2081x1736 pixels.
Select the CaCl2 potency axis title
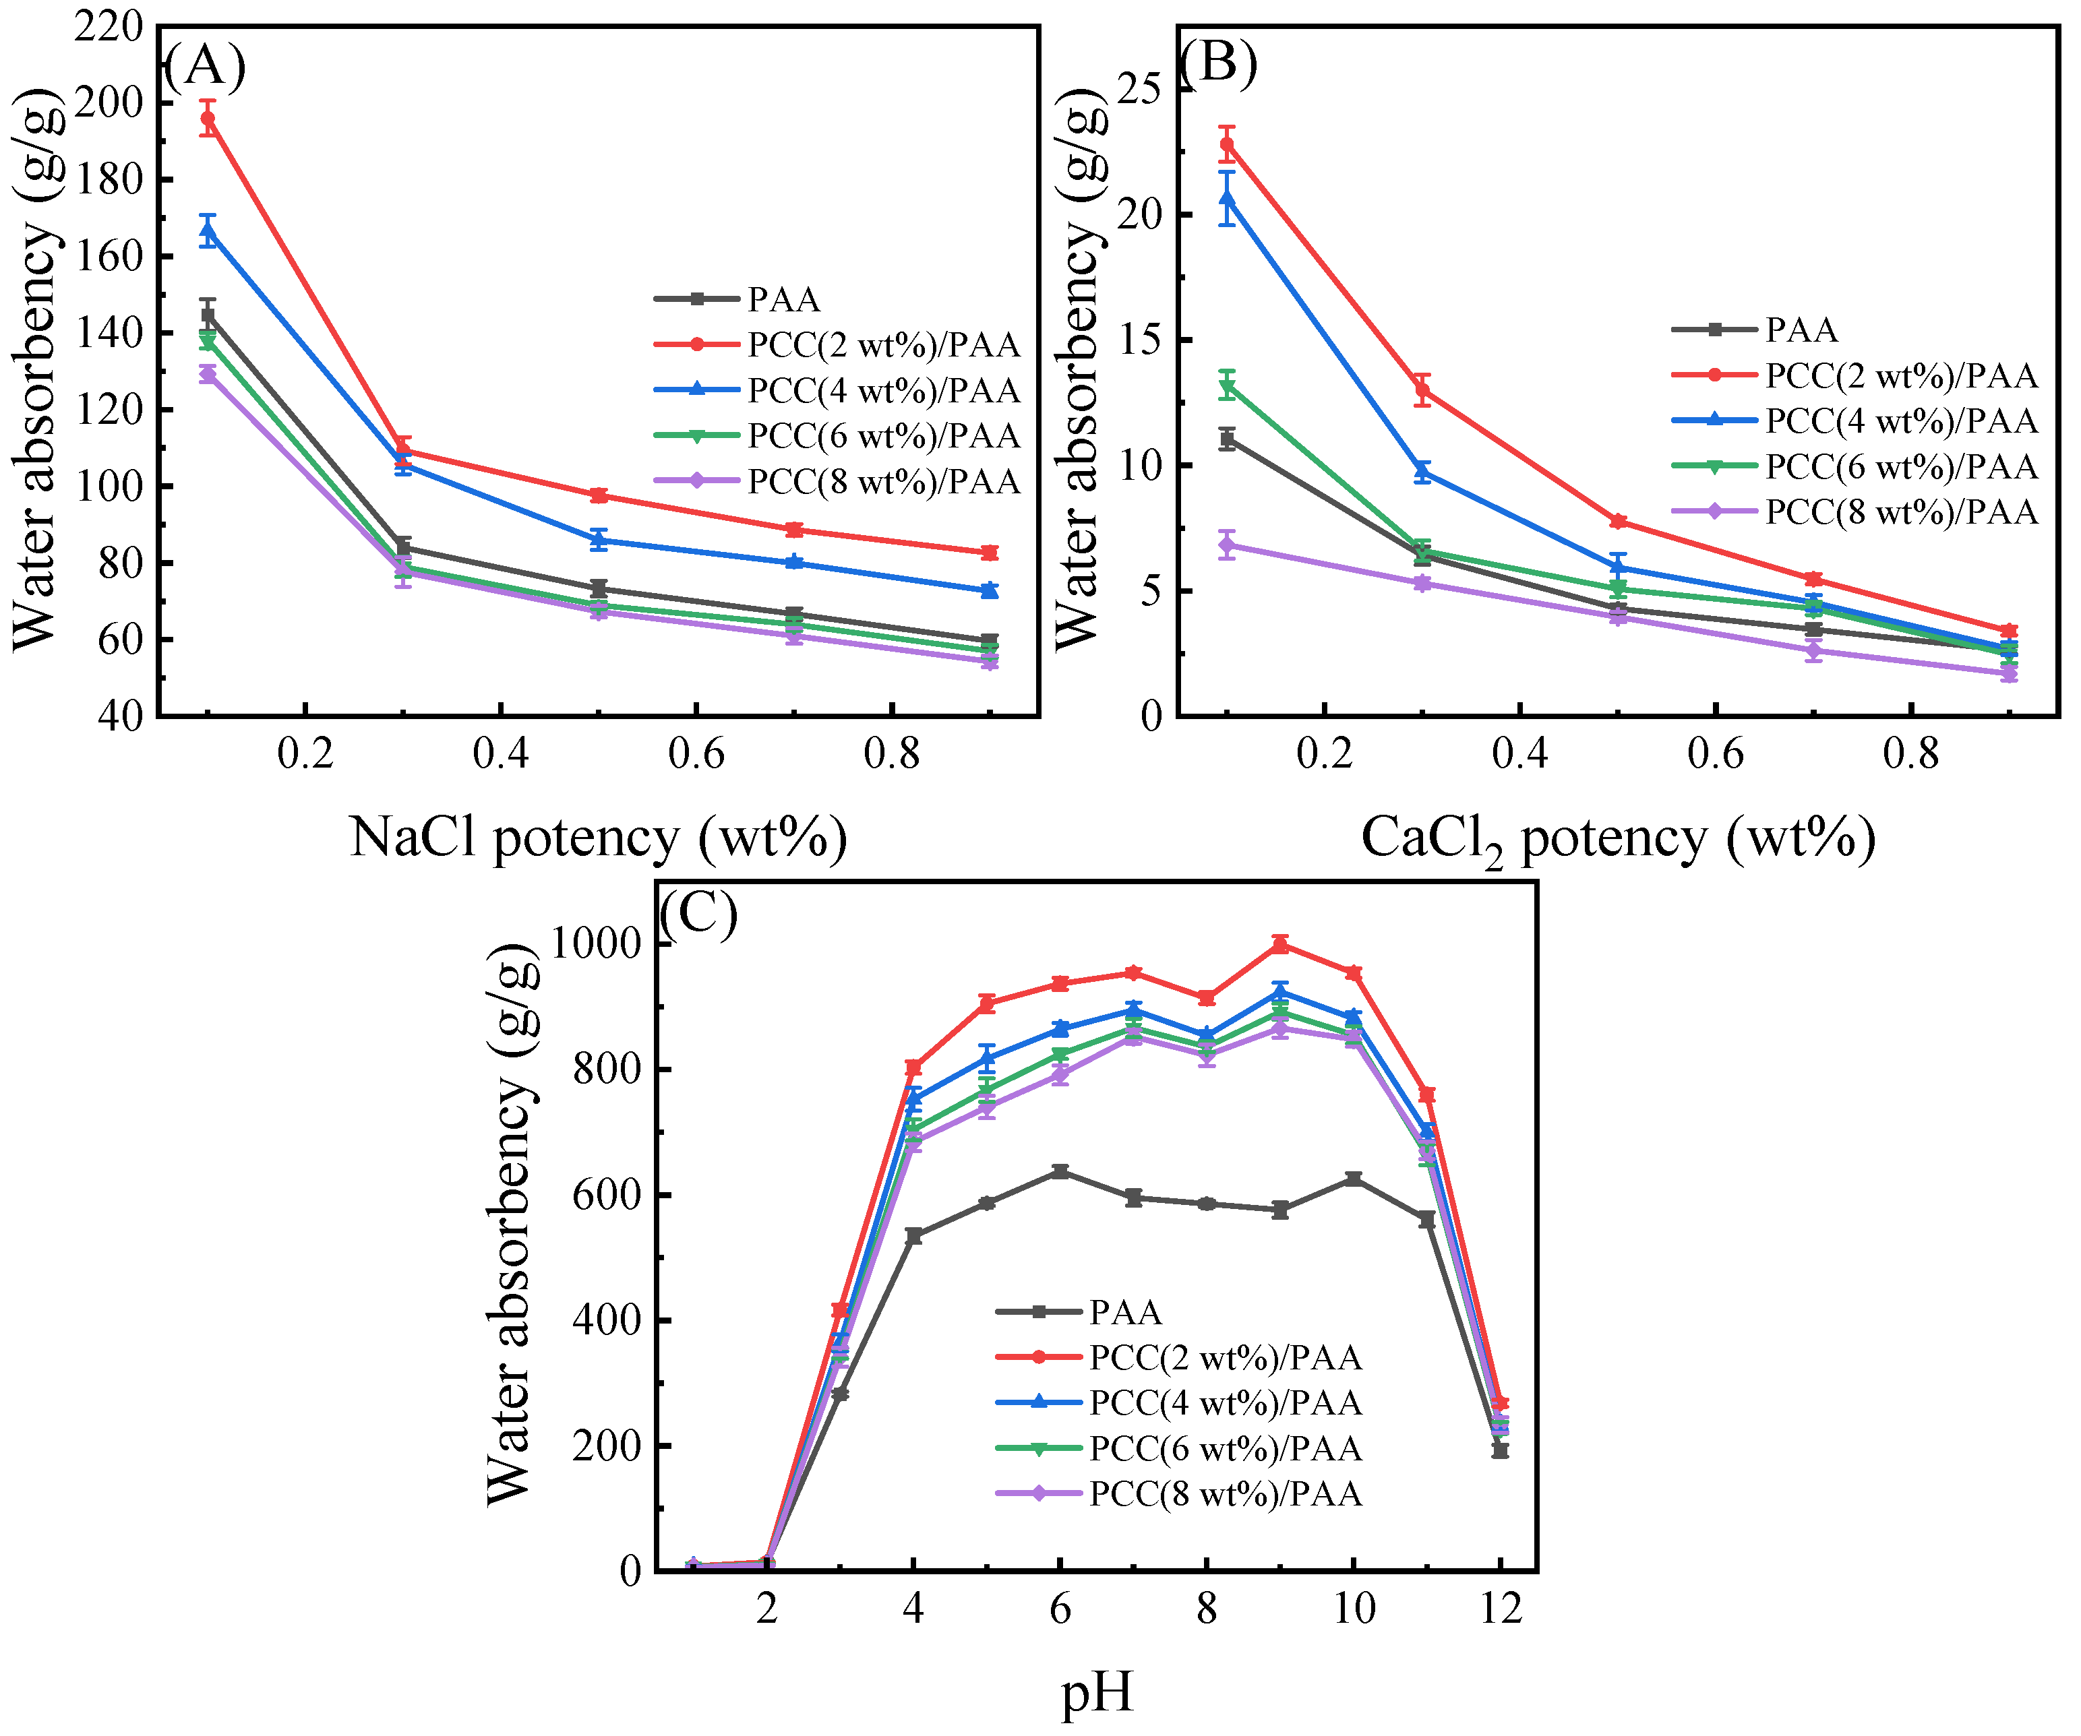(1617, 839)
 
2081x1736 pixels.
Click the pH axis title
(1096, 1692)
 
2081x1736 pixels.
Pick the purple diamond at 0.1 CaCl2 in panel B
(1228, 544)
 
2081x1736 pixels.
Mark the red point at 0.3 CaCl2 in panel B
(1423, 390)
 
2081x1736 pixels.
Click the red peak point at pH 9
(1280, 944)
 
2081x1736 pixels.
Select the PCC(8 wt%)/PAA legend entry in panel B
(1900, 511)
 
